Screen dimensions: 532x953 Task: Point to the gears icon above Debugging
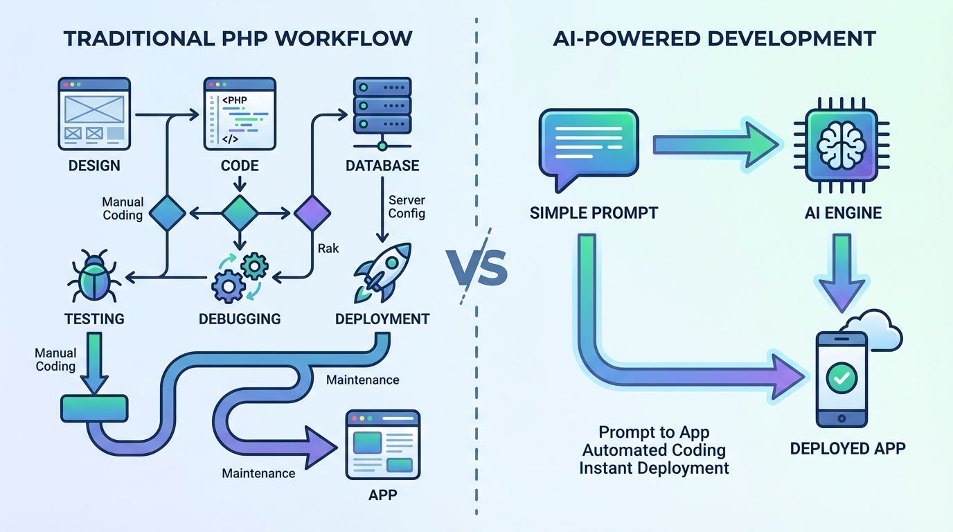(x=239, y=277)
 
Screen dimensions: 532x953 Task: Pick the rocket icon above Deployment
(x=382, y=273)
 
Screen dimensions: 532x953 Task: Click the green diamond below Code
(x=239, y=213)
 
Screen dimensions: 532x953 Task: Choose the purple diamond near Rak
(x=312, y=213)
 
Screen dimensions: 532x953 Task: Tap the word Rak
(x=328, y=247)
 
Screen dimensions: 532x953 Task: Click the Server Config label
(x=407, y=206)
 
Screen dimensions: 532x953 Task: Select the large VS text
(x=476, y=268)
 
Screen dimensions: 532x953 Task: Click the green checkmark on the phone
(x=842, y=378)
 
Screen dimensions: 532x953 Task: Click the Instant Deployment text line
(x=654, y=468)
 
